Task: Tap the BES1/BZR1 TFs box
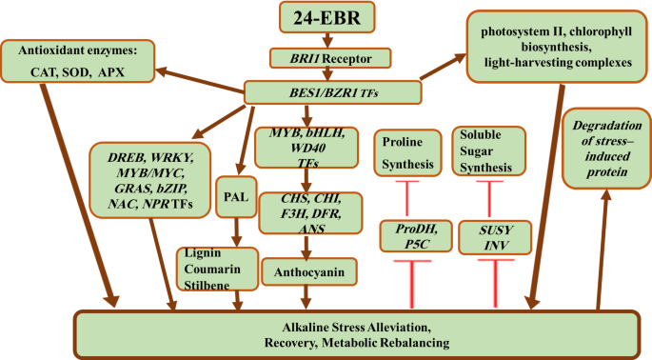click(332, 92)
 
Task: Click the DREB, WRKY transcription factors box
click(148, 180)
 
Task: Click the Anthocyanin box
click(307, 273)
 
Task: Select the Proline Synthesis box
click(406, 152)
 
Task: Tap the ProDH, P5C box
click(407, 237)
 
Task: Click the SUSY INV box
click(488, 237)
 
